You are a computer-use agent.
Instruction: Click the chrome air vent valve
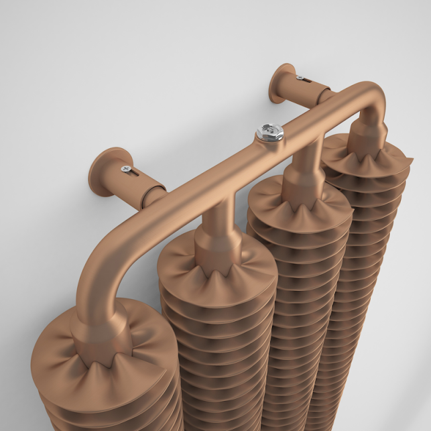pyautogui.click(x=269, y=131)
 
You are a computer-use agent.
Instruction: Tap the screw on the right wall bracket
pyautogui.click(x=300, y=80)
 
